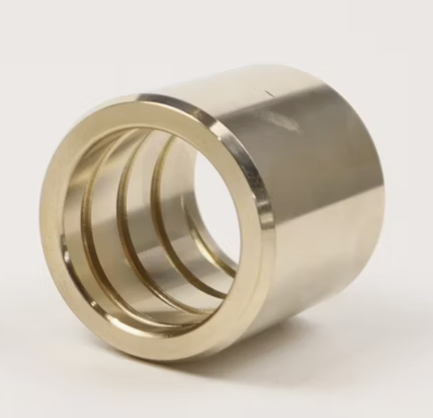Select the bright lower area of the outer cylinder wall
coord(317,261)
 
